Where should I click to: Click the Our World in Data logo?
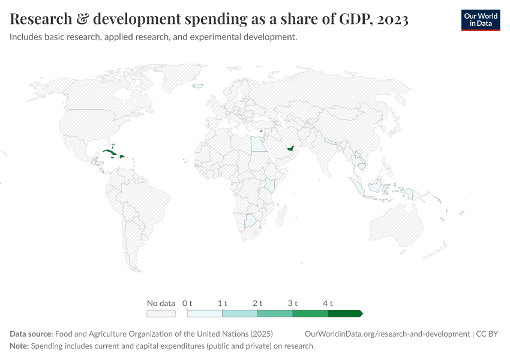[480, 20]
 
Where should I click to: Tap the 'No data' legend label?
[161, 303]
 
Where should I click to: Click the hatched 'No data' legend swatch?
[161, 313]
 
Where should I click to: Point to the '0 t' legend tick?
[187, 303]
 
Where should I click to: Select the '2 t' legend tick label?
[257, 303]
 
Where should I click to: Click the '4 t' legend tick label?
[328, 303]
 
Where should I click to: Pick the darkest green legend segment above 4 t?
[344, 313]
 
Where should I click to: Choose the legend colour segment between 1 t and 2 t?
[239, 313]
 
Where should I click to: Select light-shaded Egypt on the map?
[257, 144]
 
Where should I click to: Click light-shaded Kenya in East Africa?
[271, 184]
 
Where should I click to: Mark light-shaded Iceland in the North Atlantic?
[197, 86]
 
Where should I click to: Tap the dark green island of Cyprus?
[261, 130]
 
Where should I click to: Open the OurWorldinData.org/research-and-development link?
[387, 334]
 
